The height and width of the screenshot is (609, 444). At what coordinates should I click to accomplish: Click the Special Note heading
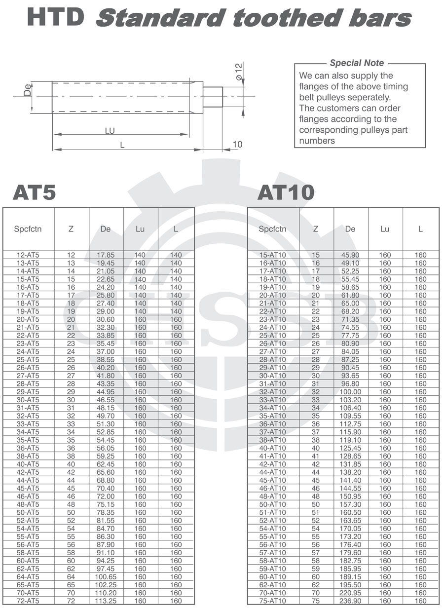pos(357,63)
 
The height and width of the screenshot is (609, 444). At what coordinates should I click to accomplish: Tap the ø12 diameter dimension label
pos(239,73)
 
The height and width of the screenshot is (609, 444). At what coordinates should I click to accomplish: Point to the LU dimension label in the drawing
pos(110,131)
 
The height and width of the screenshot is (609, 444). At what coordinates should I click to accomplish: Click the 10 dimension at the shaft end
pos(237,144)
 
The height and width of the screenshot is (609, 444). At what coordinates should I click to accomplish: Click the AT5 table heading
pos(34,192)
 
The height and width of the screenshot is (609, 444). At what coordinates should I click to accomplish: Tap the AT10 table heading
pos(286,192)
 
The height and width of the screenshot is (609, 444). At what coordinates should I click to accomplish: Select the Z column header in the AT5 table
pos(71,229)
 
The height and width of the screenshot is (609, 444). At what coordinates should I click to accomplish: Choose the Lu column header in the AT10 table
pos(385,229)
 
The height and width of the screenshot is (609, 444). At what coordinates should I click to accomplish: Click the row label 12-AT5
pos(28,255)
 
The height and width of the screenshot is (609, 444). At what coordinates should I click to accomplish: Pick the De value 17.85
pos(106,255)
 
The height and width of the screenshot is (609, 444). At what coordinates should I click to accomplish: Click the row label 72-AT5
pos(28,601)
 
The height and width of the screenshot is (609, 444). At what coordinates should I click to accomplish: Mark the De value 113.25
pos(106,601)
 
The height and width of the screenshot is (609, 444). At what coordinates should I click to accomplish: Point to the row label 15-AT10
pos(272,255)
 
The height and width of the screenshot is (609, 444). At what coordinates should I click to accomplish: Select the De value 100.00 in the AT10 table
pos(350,392)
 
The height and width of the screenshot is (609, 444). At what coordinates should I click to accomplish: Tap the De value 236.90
pos(350,601)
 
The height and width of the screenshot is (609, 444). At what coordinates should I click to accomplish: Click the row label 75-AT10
pos(272,601)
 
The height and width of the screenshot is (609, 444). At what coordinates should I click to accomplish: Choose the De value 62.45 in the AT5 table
pos(106,464)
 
